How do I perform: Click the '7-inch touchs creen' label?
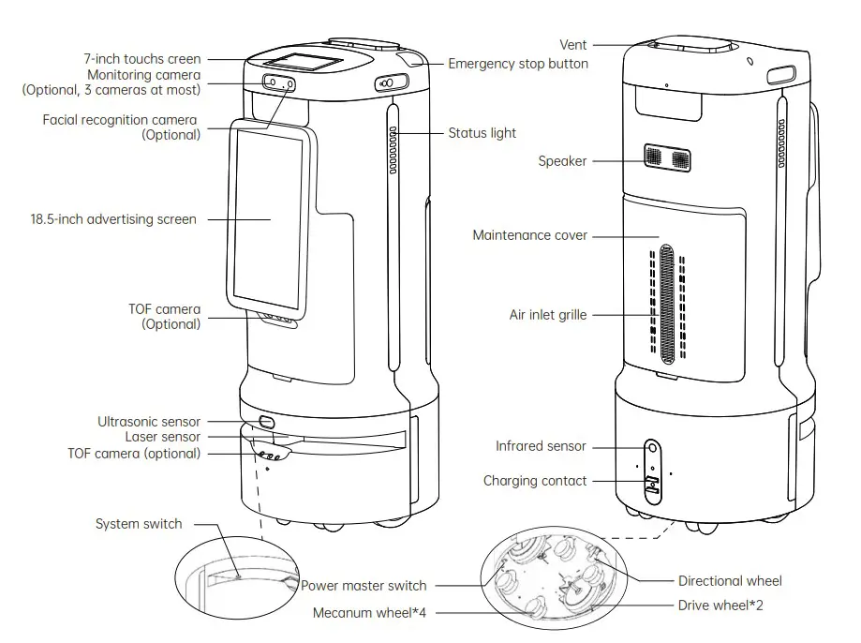pos(142,59)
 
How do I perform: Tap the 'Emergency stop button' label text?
pos(517,64)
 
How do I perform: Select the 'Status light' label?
pos(482,133)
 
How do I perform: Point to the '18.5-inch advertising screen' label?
pos(113,219)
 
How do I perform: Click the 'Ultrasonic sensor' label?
pos(149,422)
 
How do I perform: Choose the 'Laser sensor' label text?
pos(162,437)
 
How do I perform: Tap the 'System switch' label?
pos(139,524)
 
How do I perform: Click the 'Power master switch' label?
pos(364,586)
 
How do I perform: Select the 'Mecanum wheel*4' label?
pos(372,613)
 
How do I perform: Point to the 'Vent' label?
pos(573,44)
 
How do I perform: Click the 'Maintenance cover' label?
pos(530,235)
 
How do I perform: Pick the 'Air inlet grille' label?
pos(547,315)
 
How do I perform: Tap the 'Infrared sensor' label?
pos(541,446)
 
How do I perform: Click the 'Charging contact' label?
pos(535,481)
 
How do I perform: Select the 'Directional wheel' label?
pos(730,581)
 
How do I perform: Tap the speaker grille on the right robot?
pos(666,157)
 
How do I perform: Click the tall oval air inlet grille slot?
pos(666,306)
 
